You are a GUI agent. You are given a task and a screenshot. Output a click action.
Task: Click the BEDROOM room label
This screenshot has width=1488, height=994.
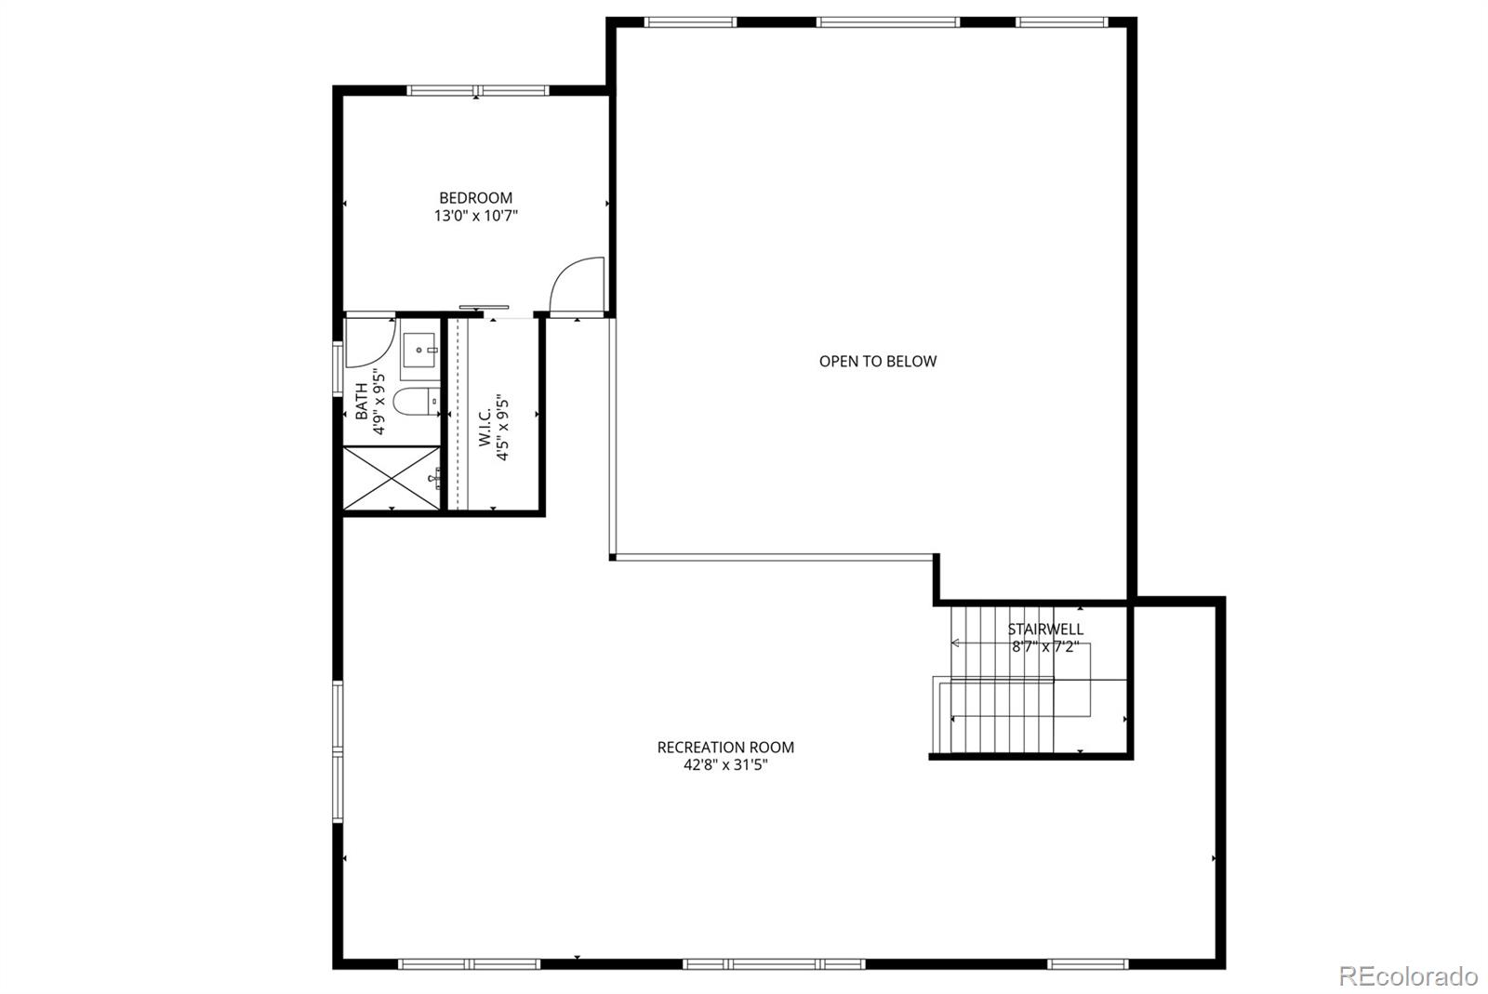(x=475, y=198)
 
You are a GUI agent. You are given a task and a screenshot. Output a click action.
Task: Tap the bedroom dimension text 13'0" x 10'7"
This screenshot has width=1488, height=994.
(x=475, y=216)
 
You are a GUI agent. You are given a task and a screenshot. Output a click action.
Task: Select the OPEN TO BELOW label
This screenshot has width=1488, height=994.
(x=878, y=361)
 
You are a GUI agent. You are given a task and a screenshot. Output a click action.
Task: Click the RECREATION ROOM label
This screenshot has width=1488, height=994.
(x=725, y=747)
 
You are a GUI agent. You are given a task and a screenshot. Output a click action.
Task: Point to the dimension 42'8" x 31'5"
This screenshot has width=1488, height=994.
(x=725, y=765)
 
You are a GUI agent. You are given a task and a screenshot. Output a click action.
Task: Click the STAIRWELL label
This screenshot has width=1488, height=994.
(x=1045, y=629)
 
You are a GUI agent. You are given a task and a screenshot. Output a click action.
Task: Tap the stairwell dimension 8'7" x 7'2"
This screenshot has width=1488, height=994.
(x=1045, y=646)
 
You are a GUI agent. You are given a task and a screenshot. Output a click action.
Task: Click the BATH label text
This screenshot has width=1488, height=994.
(x=362, y=401)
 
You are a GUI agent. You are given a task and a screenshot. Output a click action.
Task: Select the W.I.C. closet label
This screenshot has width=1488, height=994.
(x=485, y=428)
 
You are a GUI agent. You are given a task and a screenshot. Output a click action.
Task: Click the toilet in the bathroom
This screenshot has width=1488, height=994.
(x=417, y=402)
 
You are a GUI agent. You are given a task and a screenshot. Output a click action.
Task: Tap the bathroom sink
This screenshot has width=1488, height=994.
(x=419, y=350)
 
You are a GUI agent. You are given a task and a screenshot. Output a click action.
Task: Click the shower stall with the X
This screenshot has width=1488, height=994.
(x=392, y=478)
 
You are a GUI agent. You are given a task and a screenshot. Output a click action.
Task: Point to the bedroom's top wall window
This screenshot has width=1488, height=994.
(x=478, y=90)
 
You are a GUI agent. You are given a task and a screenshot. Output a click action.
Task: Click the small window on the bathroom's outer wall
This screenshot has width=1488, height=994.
(x=338, y=368)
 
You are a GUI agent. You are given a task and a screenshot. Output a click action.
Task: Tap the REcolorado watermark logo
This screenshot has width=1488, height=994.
(x=1408, y=976)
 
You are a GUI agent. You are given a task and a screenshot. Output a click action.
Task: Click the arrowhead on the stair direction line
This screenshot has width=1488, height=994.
(x=955, y=643)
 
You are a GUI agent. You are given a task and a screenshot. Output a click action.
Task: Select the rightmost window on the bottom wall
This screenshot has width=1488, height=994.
(x=1087, y=964)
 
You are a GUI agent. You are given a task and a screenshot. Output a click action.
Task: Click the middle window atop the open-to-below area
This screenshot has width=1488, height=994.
(x=887, y=22)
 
